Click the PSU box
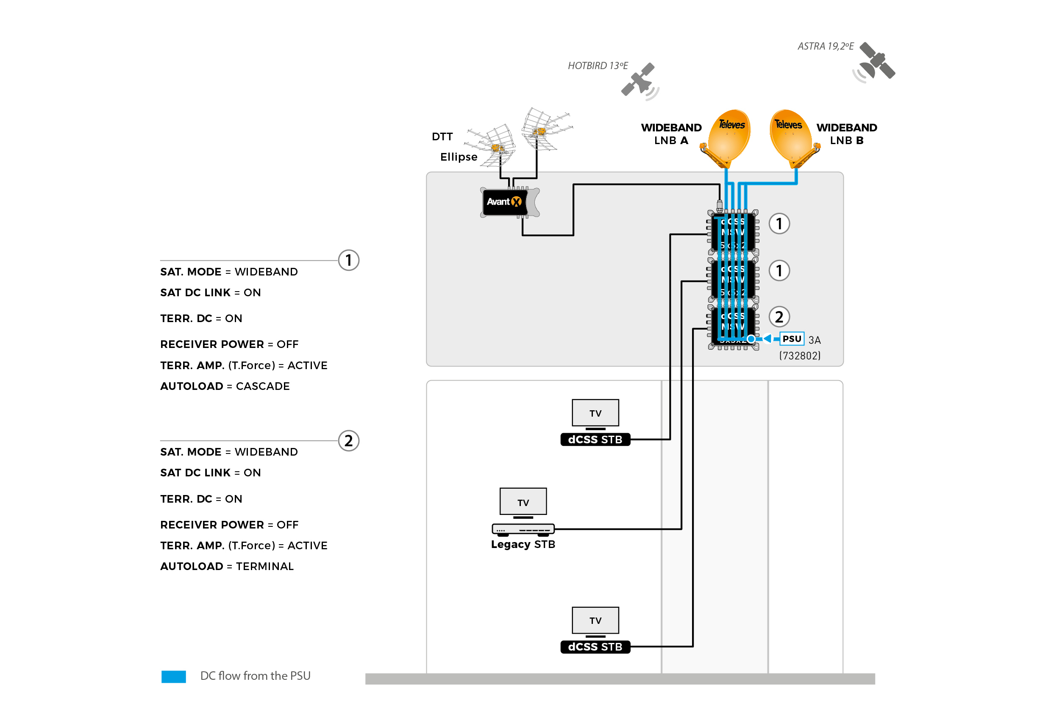791,339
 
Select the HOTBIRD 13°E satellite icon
639,80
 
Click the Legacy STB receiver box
523,529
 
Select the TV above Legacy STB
523,501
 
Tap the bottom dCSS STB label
595,647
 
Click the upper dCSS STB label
595,439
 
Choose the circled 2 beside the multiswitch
779,317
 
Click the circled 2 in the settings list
348,441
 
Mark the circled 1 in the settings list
348,260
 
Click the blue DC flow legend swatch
173,676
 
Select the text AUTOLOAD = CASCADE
225,386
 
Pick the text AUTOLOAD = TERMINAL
226,566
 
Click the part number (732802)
800,356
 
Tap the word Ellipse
459,157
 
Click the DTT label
442,136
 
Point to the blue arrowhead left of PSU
767,339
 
